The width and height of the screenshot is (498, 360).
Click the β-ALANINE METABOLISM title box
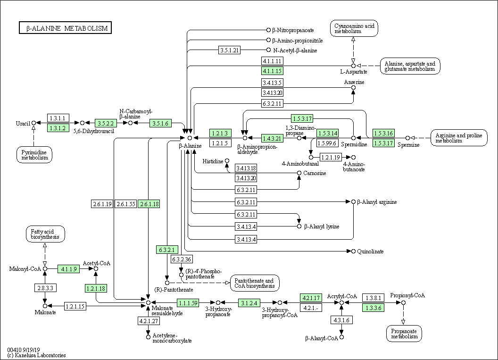pyautogui.click(x=65, y=28)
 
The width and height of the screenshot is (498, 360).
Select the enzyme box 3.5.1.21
pyautogui.click(x=229, y=50)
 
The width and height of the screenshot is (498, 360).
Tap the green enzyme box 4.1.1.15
pyautogui.click(x=272, y=71)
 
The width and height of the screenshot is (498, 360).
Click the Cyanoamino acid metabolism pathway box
pyautogui.click(x=354, y=28)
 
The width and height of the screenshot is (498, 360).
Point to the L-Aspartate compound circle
pyautogui.click(x=353, y=66)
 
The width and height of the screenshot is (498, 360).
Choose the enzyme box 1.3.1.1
pyautogui.click(x=58, y=118)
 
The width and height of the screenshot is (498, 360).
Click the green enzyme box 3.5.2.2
pyautogui.click(x=106, y=123)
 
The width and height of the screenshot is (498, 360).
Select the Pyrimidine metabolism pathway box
pyautogui.click(x=34, y=155)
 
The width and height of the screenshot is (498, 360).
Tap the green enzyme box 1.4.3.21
pyautogui.click(x=272, y=138)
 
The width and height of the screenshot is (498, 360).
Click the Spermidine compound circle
pyautogui.click(x=353, y=138)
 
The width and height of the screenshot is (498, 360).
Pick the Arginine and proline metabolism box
pyautogui.click(x=459, y=138)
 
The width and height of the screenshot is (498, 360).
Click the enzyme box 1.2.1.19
pyautogui.click(x=331, y=157)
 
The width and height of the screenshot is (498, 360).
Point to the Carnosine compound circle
pyautogui.click(x=299, y=173)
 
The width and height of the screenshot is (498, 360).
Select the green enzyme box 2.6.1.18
pyautogui.click(x=149, y=204)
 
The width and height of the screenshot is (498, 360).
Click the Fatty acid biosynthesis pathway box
pyautogui.click(x=45, y=234)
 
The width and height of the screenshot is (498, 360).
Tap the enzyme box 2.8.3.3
pyautogui.click(x=45, y=288)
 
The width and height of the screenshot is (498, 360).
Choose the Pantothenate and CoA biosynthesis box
pyautogui.click(x=255, y=283)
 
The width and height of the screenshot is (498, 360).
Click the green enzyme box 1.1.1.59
pyautogui.click(x=188, y=303)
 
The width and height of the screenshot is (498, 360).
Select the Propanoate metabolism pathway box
pyautogui.click(x=404, y=334)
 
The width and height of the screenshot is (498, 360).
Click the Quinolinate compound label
pyautogui.click(x=370, y=251)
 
